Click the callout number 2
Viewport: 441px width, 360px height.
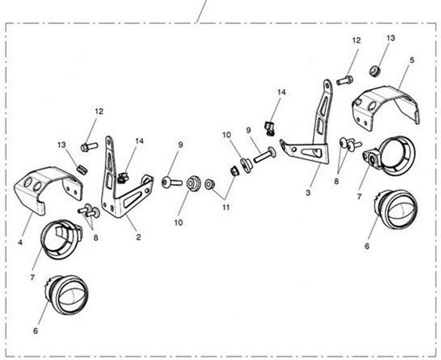pyautogui.click(x=138, y=237)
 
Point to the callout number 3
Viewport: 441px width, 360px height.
pyautogui.click(x=308, y=193)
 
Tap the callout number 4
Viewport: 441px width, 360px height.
pyautogui.click(x=20, y=242)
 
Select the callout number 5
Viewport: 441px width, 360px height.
pyautogui.click(x=412, y=60)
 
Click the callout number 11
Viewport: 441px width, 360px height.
pyautogui.click(x=226, y=207)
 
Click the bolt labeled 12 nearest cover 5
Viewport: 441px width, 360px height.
pyautogui.click(x=345, y=80)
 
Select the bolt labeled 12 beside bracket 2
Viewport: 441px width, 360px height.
pyautogui.click(x=89, y=147)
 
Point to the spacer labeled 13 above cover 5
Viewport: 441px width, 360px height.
pyautogui.click(x=375, y=71)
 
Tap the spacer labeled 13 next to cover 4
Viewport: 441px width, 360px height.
pyautogui.click(x=82, y=170)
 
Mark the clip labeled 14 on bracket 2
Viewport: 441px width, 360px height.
pyautogui.click(x=122, y=178)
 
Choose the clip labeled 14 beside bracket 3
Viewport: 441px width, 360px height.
pyautogui.click(x=269, y=128)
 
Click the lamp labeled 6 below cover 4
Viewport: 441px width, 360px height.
pyautogui.click(x=67, y=295)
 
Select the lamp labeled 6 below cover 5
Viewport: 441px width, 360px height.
pyautogui.click(x=396, y=209)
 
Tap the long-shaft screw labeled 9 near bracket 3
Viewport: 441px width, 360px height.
pyautogui.click(x=265, y=155)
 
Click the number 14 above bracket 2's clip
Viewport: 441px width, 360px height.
pyautogui.click(x=139, y=141)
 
